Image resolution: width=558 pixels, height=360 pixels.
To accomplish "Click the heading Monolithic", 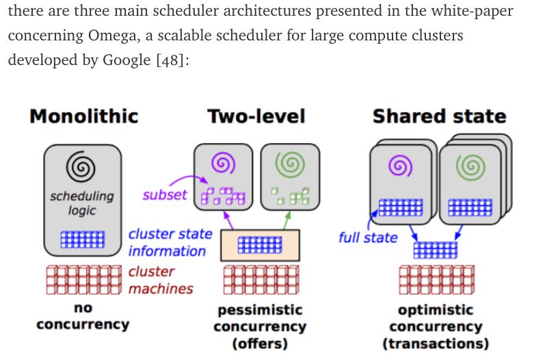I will (83, 116).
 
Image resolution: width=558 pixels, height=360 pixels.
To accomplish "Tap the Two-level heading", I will (256, 116).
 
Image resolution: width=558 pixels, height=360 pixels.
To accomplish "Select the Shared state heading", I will (439, 116).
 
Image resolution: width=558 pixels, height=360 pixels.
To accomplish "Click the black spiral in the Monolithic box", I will (83, 164).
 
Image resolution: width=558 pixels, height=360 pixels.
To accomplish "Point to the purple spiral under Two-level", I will (224, 163).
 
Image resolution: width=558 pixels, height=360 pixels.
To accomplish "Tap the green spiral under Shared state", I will (469, 166).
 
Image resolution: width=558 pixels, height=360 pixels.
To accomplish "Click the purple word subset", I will (164, 194).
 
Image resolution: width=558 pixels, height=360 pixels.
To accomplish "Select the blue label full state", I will (368, 238).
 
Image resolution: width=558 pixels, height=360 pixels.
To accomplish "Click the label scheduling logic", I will (82, 203).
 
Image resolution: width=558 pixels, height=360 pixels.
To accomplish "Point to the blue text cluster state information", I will (170, 242).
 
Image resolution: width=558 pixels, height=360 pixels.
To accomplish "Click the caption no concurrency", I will (83, 316).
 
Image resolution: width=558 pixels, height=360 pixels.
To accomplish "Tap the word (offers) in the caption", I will (259, 343).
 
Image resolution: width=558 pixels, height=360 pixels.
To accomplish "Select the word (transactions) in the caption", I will (436, 343).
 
